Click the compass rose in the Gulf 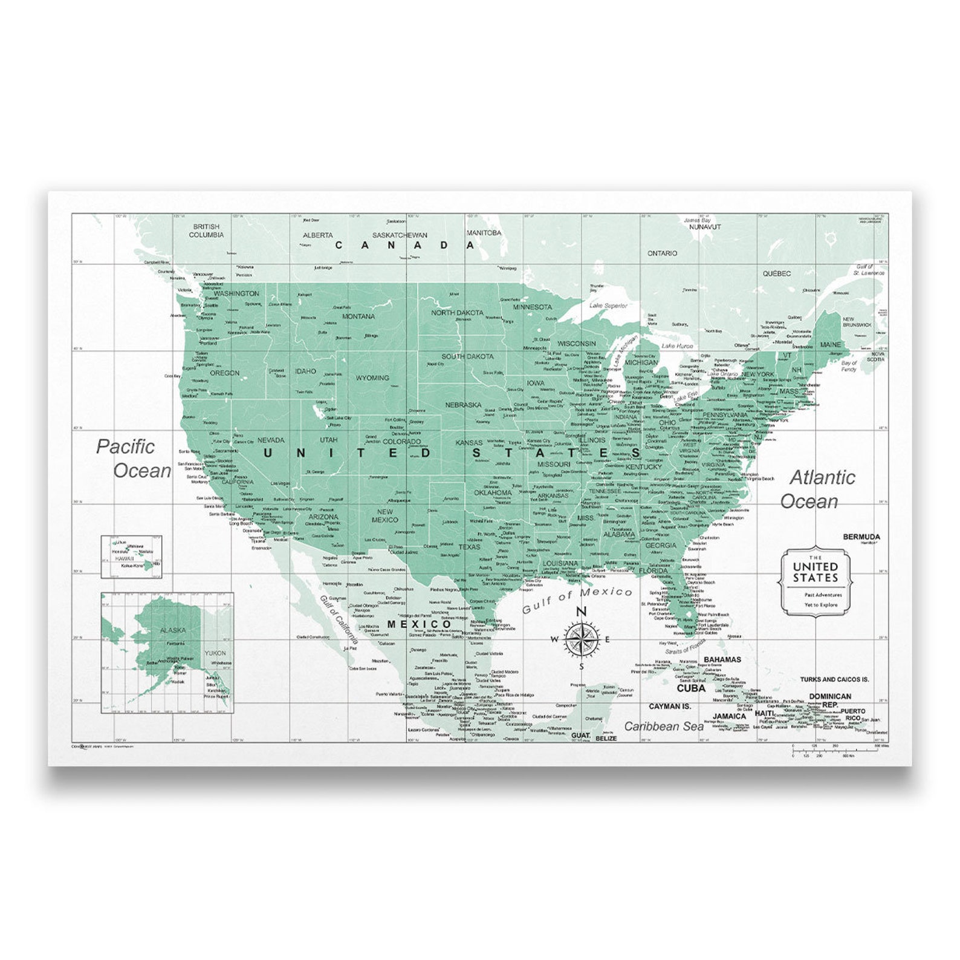pos(580,639)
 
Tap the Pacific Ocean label pos(134,459)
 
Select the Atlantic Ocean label pos(816,489)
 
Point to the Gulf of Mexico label pos(577,599)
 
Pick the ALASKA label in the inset pos(173,630)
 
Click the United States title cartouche pos(816,581)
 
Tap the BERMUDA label pos(861,537)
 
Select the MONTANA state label pos(358,316)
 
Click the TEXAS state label pos(469,547)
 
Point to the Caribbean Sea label pos(664,726)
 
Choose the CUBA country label pos(691,688)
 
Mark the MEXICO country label pos(420,624)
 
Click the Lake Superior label pos(608,305)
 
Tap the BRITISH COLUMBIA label pos(206,230)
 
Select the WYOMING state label pos(372,378)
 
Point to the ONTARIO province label pos(663,253)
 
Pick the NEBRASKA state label pos(463,405)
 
